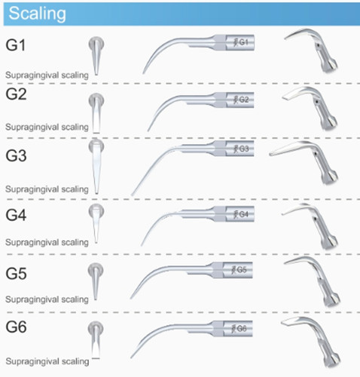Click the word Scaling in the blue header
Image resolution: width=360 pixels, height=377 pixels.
(37, 14)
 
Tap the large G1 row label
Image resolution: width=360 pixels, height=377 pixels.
(16, 45)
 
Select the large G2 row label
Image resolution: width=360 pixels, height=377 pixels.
(16, 94)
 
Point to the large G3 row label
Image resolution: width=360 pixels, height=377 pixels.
(16, 155)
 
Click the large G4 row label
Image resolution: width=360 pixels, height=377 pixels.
(16, 215)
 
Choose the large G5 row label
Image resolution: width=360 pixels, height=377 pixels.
(16, 274)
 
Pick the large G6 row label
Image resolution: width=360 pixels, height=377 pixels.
(16, 327)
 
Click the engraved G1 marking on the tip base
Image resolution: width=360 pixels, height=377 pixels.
(241, 42)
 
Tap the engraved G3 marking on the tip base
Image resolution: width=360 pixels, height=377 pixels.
(241, 149)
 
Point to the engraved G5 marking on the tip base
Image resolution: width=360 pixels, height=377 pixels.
(239, 270)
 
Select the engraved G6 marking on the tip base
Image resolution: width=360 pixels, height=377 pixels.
(239, 329)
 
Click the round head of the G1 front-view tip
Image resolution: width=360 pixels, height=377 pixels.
(96, 43)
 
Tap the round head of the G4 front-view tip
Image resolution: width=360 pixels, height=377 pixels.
(96, 210)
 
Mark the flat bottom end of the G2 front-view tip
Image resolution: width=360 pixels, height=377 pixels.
(96, 133)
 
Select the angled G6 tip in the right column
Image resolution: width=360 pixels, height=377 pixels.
(311, 342)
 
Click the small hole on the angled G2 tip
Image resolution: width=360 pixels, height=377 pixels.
(317, 102)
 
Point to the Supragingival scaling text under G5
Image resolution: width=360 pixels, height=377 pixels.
(47, 299)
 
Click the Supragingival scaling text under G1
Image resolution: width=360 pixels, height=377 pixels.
(47, 75)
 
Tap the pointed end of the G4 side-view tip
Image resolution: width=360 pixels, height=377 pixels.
(142, 245)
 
